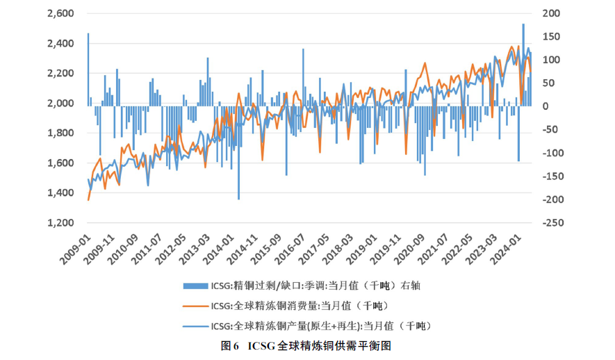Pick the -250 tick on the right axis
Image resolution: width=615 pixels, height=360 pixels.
(552, 223)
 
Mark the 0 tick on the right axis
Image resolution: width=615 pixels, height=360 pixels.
(547, 106)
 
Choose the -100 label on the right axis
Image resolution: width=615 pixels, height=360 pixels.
(552, 153)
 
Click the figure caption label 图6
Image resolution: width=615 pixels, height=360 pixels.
(230, 345)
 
